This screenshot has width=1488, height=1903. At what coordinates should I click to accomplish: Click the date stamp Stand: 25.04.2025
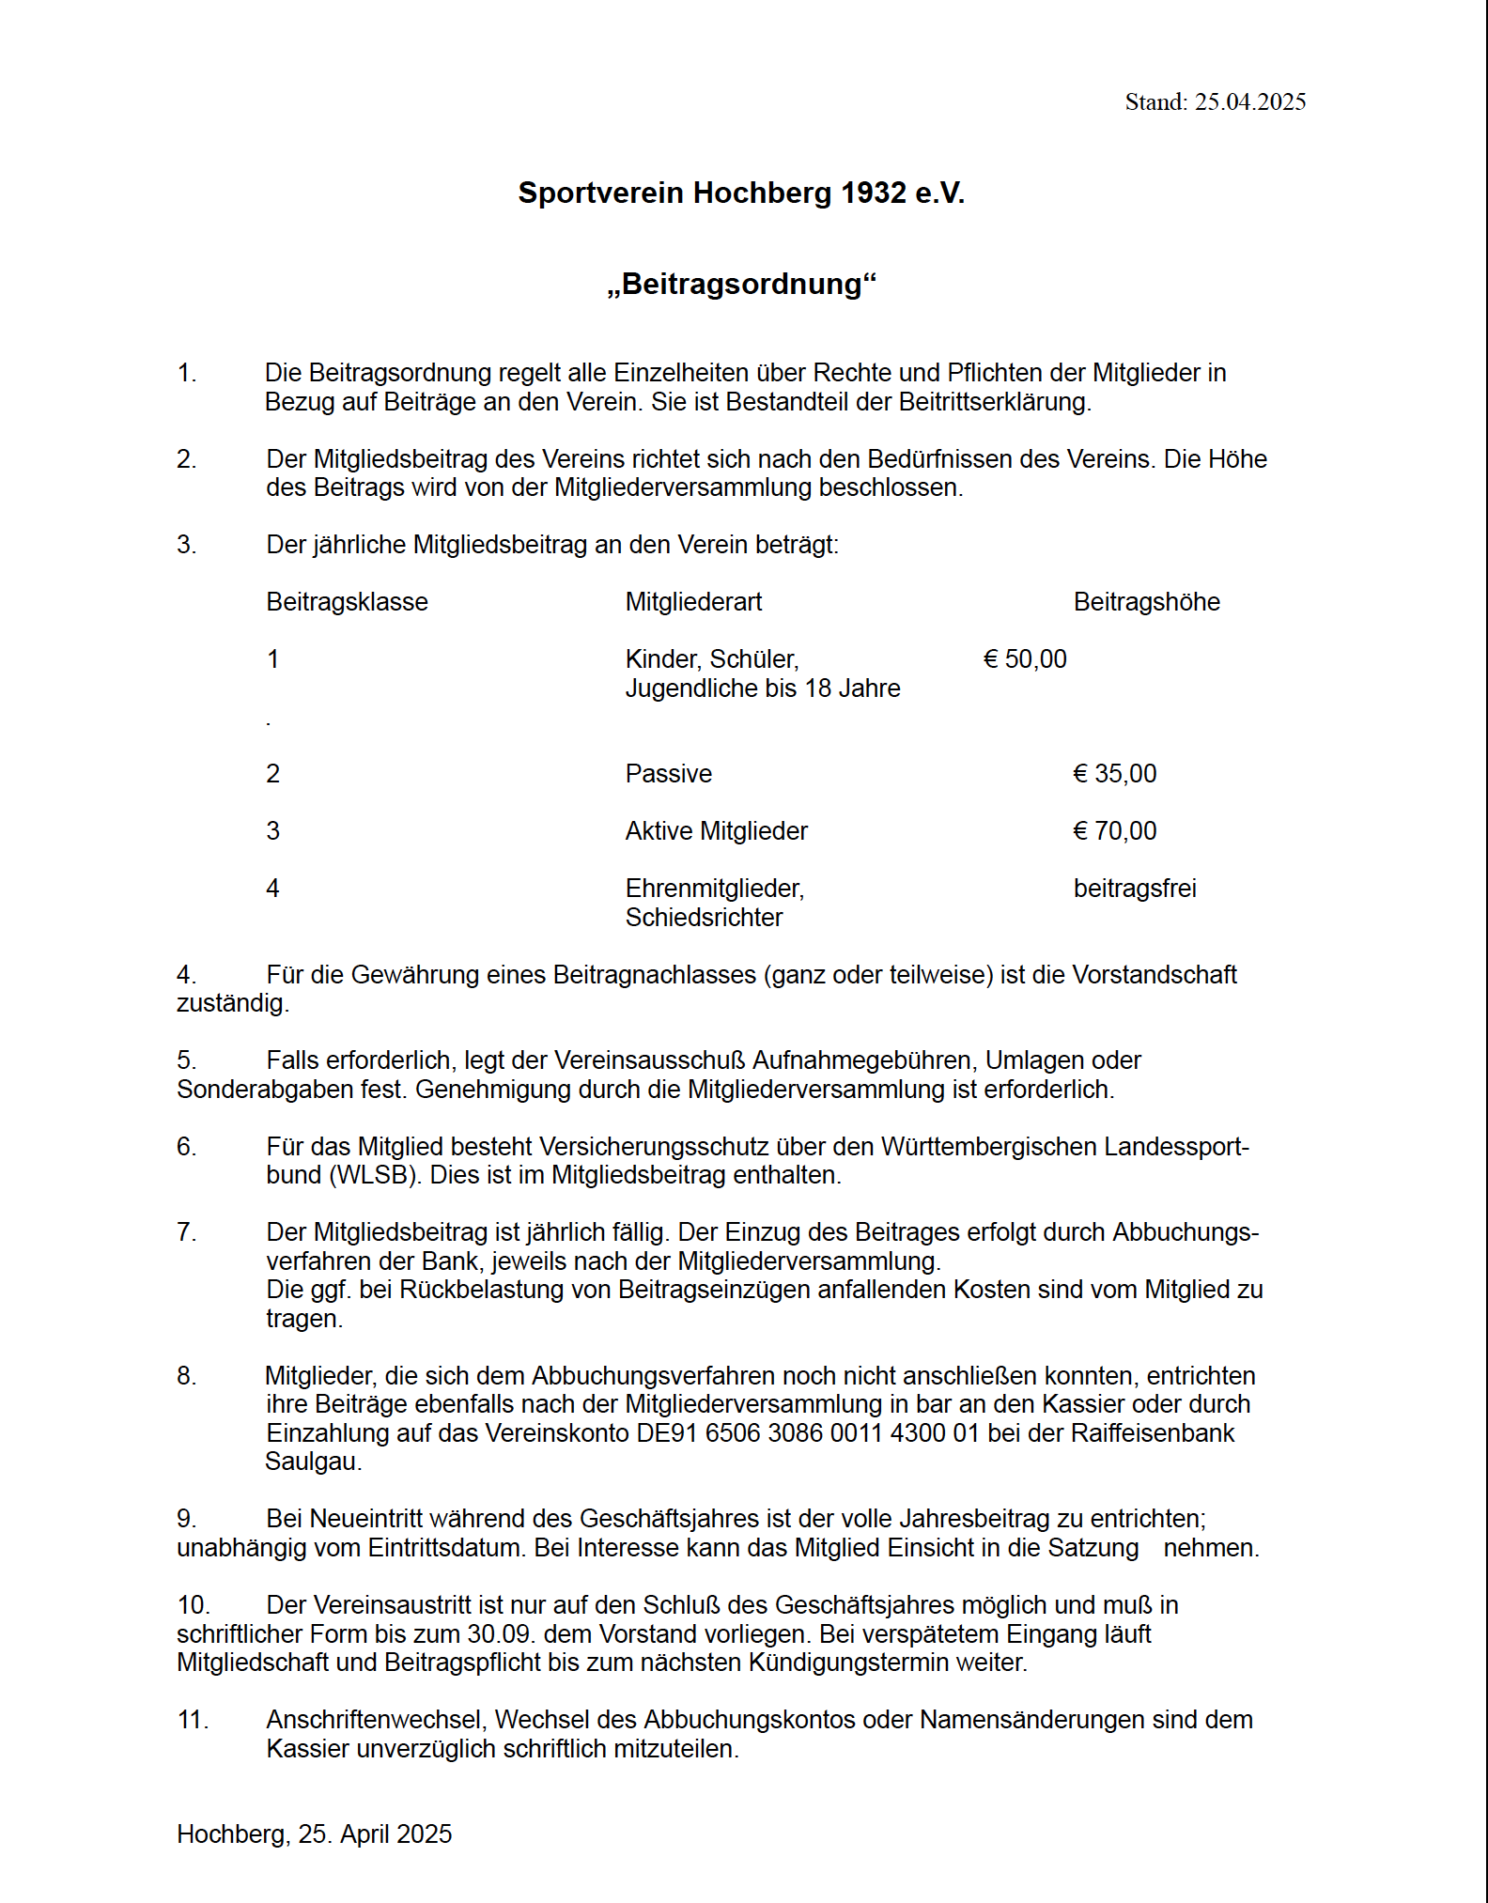click(x=1215, y=102)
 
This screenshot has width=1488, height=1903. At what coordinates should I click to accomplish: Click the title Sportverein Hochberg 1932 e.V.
click(x=741, y=193)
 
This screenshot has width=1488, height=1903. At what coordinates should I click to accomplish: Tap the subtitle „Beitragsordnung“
click(x=741, y=284)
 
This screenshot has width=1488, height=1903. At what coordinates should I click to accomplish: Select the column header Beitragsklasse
click(x=347, y=602)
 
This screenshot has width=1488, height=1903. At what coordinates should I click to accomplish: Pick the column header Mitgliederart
click(x=693, y=602)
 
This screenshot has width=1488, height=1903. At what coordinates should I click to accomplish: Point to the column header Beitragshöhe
click(x=1146, y=602)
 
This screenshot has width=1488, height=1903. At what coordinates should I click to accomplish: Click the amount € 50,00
click(x=1025, y=659)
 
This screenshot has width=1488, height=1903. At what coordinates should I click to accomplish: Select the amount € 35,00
click(x=1115, y=774)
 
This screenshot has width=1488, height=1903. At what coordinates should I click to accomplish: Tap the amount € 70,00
click(x=1115, y=831)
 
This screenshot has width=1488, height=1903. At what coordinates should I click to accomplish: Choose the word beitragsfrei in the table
click(x=1135, y=889)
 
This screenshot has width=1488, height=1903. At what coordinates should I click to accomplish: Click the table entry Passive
click(x=669, y=774)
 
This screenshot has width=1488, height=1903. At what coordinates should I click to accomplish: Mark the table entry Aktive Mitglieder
click(x=717, y=831)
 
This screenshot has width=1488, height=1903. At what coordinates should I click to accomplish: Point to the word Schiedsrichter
click(x=704, y=918)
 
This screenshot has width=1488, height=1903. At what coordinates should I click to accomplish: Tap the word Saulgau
click(x=313, y=1462)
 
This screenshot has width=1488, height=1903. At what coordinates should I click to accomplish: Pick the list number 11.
click(x=193, y=1720)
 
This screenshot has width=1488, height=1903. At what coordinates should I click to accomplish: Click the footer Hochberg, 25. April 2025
click(x=315, y=1834)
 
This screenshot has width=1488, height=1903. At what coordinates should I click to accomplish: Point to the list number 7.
click(x=186, y=1232)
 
